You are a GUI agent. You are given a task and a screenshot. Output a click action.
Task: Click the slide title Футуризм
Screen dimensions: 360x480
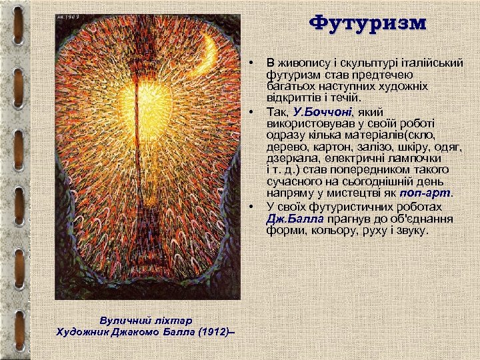pos(368,23)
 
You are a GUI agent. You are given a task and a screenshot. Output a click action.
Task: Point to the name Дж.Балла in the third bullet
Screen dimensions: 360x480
pos(295,219)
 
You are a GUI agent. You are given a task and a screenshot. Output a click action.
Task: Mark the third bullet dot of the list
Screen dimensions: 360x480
pos(252,207)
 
